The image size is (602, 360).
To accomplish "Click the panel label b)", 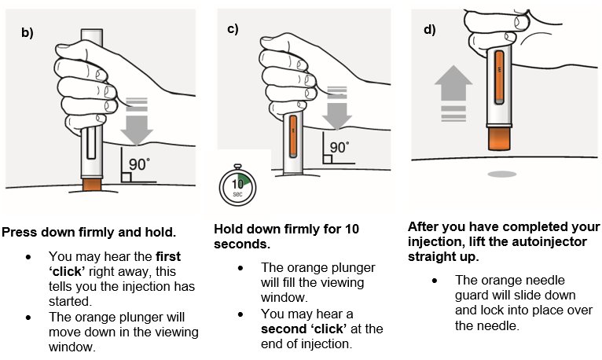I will click(27, 33).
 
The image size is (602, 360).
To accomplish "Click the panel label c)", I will click(233, 29).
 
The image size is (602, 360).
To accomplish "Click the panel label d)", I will click(429, 31).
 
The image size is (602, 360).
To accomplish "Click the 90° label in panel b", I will click(139, 165).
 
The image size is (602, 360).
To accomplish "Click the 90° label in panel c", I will click(339, 147).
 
